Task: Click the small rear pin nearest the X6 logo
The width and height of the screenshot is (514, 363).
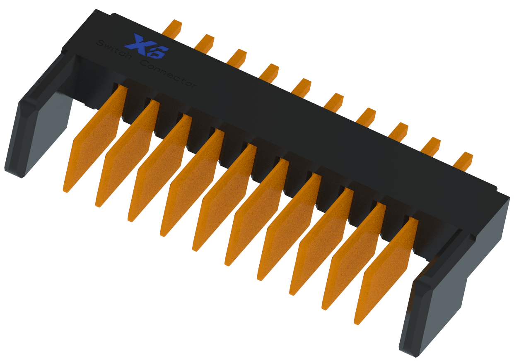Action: [x=172, y=28]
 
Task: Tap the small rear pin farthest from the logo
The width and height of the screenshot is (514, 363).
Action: [x=463, y=161]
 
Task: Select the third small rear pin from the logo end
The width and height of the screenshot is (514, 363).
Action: [x=237, y=58]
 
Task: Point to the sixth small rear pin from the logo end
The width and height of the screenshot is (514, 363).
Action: [x=334, y=102]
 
